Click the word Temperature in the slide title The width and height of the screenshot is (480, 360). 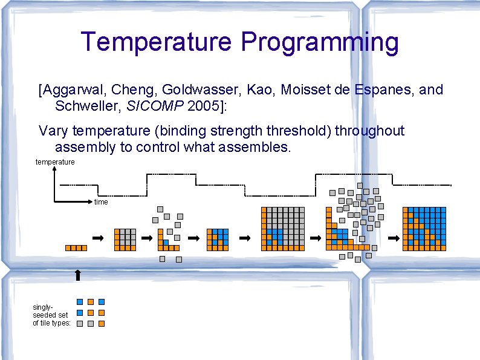click(157, 42)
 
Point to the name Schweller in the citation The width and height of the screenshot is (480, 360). click(85, 106)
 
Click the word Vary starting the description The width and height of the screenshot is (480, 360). click(53, 131)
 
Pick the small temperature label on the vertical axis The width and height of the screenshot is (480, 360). click(55, 162)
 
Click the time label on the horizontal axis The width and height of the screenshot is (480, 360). click(101, 202)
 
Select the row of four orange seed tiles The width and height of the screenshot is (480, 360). click(76, 247)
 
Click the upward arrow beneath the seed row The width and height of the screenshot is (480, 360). click(77, 275)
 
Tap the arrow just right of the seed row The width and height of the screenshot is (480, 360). click(98, 238)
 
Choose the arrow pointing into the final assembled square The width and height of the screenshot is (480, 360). click(393, 238)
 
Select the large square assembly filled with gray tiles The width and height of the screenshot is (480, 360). click(282, 229)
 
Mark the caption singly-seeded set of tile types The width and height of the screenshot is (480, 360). click(51, 315)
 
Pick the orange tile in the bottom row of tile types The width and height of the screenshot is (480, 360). click(102, 324)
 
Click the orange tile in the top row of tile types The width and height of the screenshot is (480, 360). click(91, 301)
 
